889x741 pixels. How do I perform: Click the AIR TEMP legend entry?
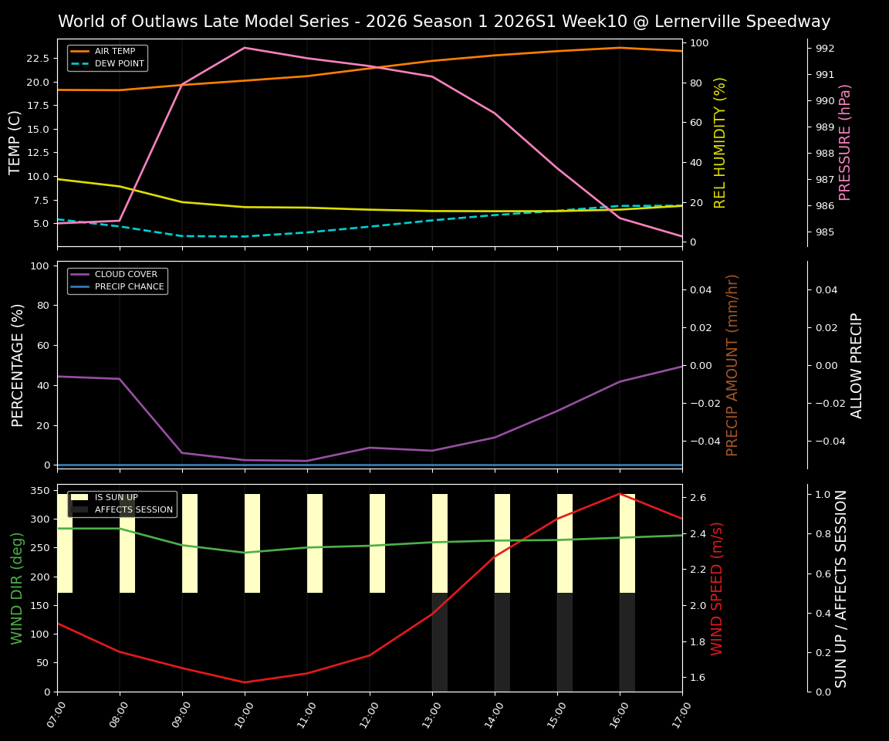(x=114, y=52)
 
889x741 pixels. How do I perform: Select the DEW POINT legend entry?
(x=119, y=64)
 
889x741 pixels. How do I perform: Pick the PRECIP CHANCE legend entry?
(x=129, y=287)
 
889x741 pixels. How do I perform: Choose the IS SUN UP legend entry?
(x=116, y=498)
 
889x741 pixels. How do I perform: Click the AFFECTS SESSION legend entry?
(x=133, y=510)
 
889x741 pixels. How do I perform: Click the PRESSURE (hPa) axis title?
(x=845, y=142)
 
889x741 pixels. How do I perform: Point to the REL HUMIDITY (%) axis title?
(x=721, y=142)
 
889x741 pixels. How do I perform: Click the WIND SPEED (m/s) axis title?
(x=718, y=588)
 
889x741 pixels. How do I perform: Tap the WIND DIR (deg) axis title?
(x=17, y=588)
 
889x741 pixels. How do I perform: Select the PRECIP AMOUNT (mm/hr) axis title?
(x=733, y=364)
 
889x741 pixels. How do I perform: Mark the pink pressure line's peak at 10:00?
(x=245, y=48)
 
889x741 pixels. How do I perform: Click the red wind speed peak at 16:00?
(x=620, y=494)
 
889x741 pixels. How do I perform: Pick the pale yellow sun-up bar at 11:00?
(x=315, y=543)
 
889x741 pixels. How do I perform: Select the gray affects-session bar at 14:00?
(x=502, y=642)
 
